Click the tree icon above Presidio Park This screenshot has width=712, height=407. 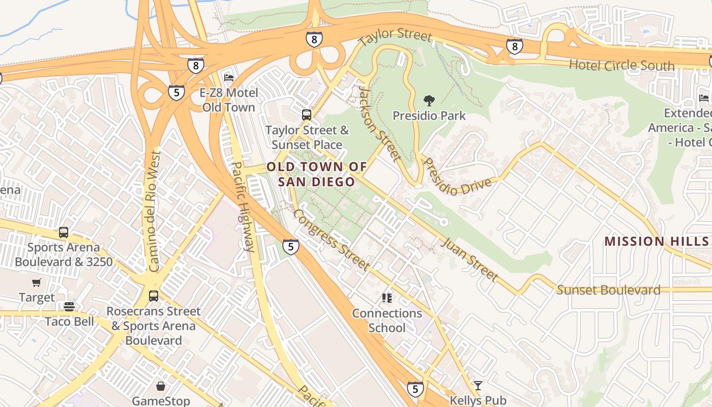[429, 101]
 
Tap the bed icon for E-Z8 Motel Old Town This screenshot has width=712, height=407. [229, 78]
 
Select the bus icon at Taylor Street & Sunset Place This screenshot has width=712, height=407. [307, 115]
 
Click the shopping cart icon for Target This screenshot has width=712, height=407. [36, 283]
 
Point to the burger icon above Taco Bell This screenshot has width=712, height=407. [69, 306]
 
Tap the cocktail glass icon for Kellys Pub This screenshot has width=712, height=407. [478, 385]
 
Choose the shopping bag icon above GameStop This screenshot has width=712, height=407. [161, 386]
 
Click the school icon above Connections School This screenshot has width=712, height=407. [387, 298]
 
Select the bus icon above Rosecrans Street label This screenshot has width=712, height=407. [153, 296]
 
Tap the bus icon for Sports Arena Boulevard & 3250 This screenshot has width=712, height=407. [64, 232]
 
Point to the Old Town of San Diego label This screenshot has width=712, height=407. [316, 174]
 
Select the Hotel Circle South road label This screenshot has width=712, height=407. [621, 65]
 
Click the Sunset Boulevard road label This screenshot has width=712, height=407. [608, 290]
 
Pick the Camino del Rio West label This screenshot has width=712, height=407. [154, 211]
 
